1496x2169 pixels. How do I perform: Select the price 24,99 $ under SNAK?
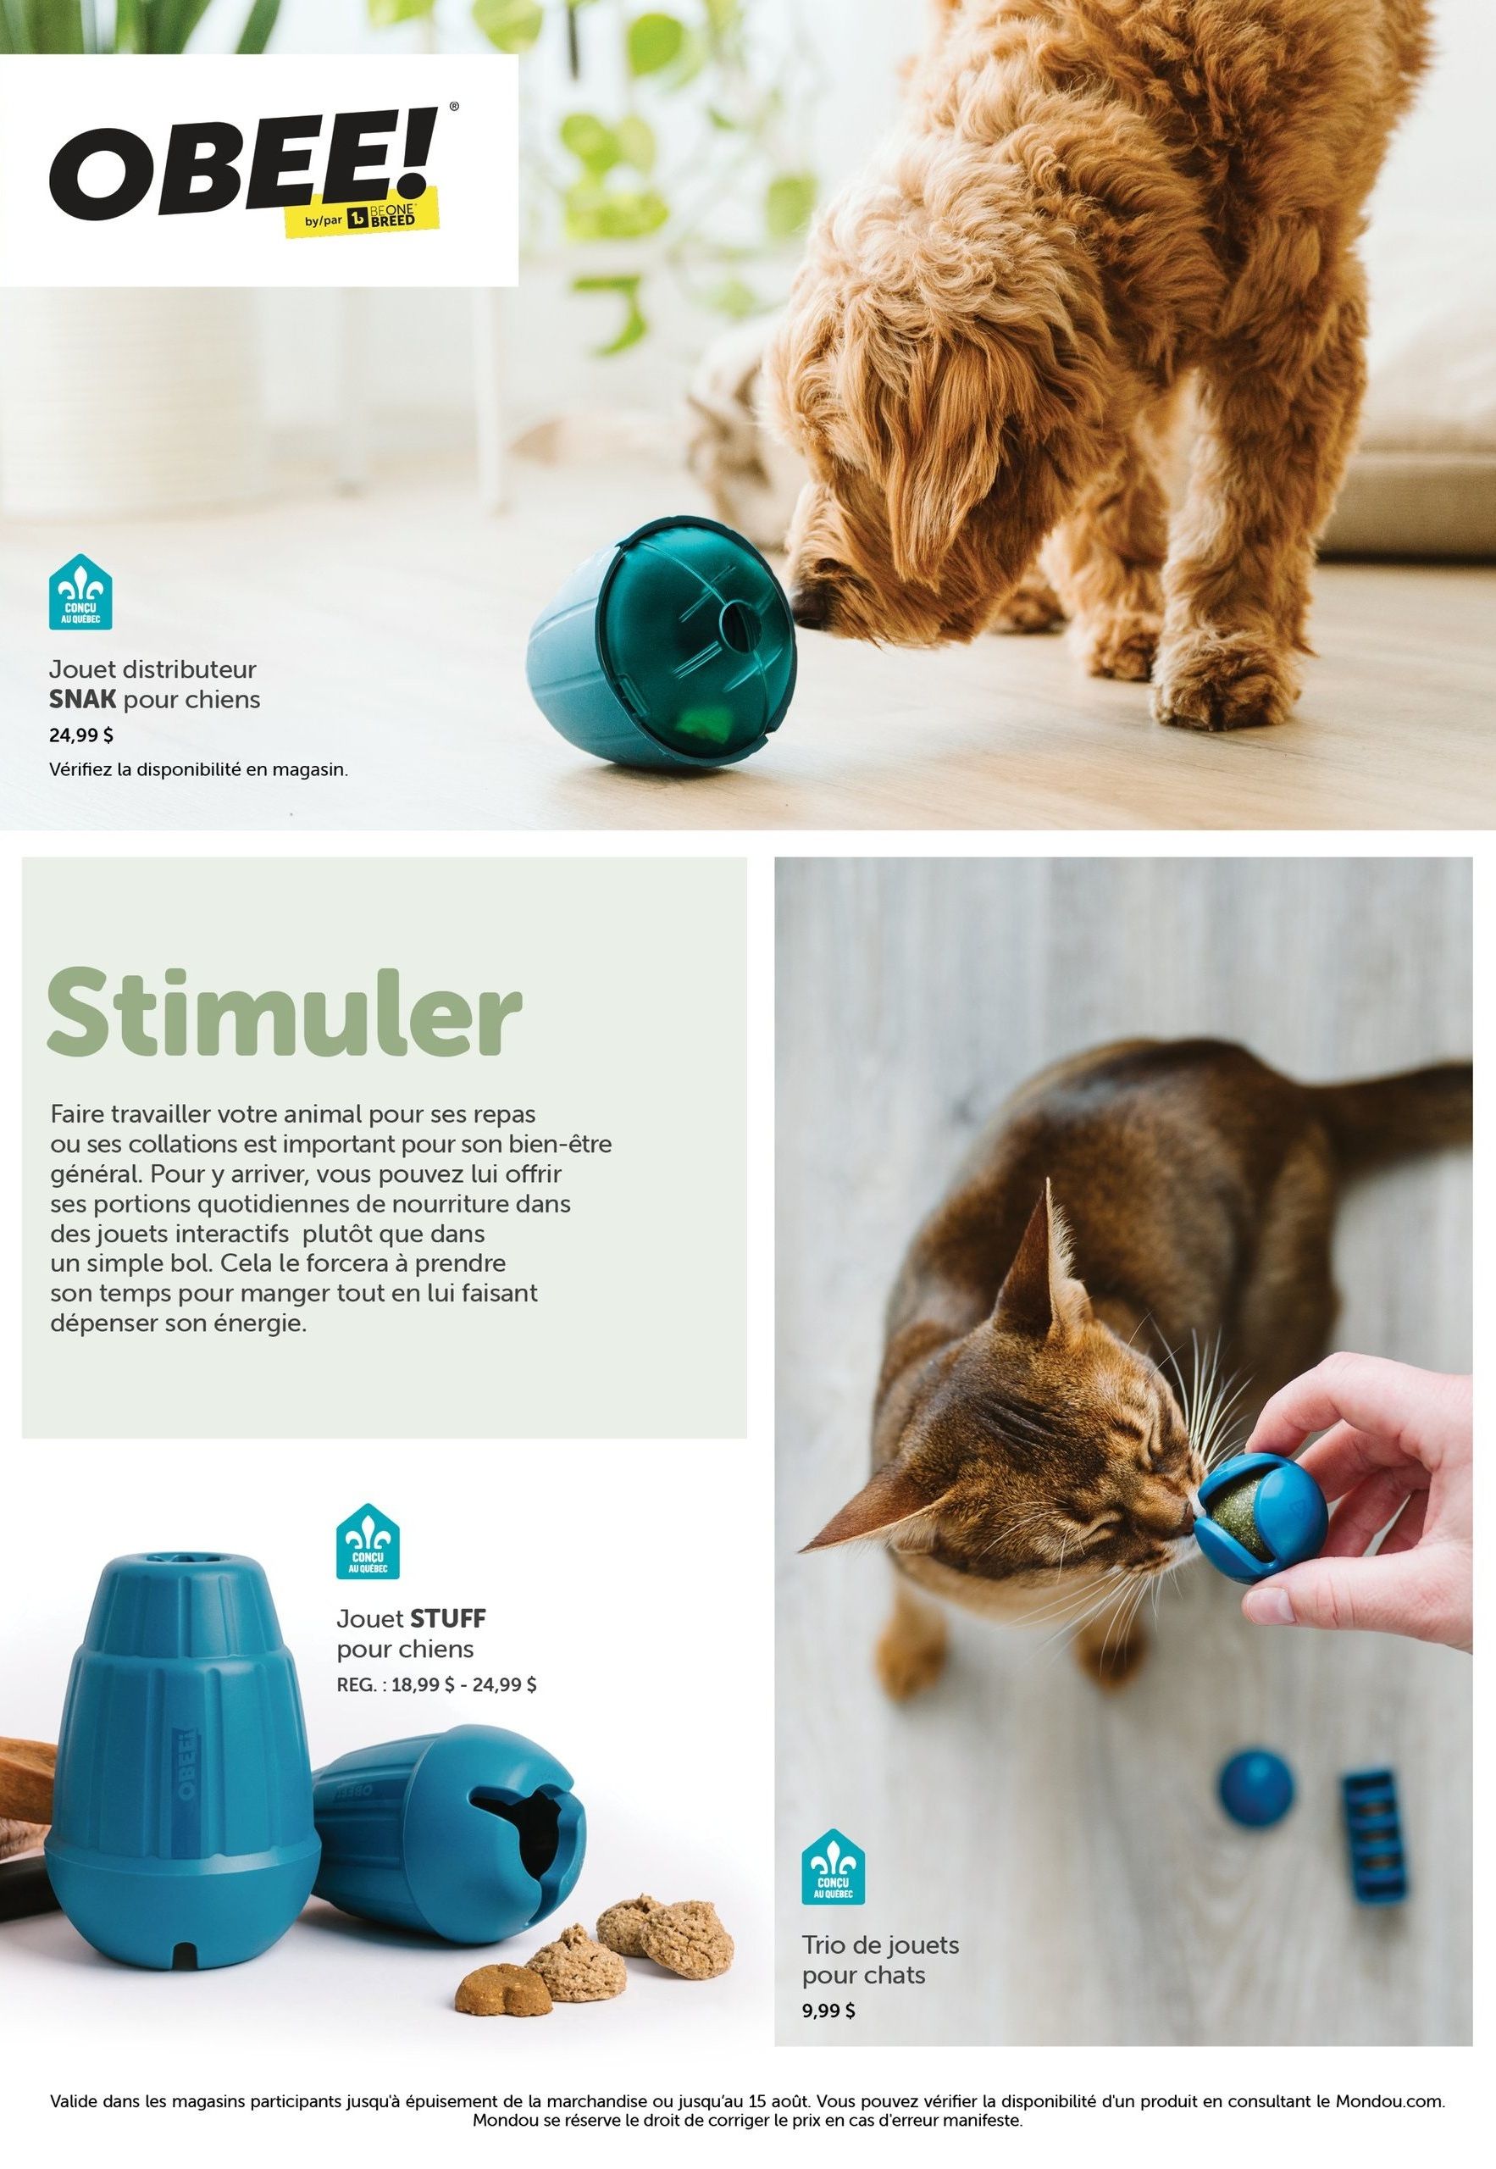[81, 735]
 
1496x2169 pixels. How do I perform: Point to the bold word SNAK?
[82, 699]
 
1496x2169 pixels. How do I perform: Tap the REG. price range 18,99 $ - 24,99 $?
[437, 1684]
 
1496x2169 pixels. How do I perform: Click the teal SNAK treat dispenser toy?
[662, 644]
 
